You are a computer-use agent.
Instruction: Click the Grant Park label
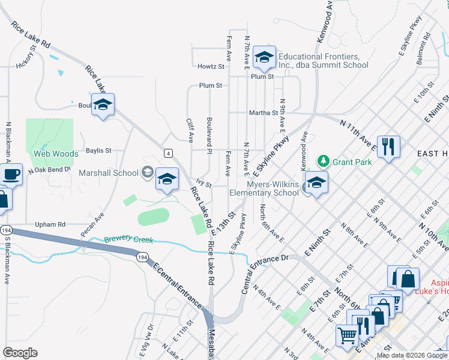point(352,162)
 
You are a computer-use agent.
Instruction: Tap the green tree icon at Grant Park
point(324,161)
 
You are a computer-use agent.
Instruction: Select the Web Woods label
point(56,154)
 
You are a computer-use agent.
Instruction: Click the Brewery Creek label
point(128,239)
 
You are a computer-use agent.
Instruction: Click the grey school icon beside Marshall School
point(146,173)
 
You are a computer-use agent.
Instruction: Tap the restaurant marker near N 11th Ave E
point(388,146)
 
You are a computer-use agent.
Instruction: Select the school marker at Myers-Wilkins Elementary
point(316,181)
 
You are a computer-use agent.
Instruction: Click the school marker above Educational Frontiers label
point(264,57)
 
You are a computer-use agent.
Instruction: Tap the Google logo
point(20,353)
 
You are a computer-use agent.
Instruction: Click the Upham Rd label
point(50,224)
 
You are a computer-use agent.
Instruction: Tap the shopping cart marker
point(346,335)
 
